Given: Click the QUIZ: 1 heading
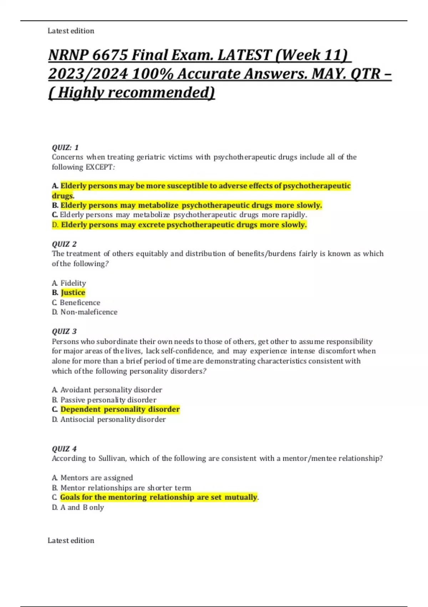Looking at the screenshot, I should pyautogui.click(x=65, y=147).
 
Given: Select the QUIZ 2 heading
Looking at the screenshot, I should pyautogui.click(x=64, y=244).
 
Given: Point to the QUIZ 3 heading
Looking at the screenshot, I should pyautogui.click(x=64, y=331).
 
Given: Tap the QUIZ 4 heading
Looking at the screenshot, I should pyautogui.click(x=64, y=449).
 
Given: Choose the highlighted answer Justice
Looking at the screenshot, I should pyautogui.click(x=73, y=293).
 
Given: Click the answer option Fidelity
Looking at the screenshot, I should pyautogui.click(x=73, y=283).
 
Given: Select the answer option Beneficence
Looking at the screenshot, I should pyautogui.click(x=80, y=302).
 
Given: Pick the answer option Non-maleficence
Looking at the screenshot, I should pyautogui.click(x=89, y=312).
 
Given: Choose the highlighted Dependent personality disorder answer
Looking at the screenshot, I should pyautogui.click(x=120, y=409).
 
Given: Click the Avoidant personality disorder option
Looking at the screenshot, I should pyautogui.click(x=111, y=390).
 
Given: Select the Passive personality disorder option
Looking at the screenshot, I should pyautogui.click(x=108, y=400).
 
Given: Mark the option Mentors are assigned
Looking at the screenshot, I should pyautogui.click(x=96, y=478).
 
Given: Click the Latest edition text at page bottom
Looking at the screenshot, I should pyautogui.click(x=71, y=541).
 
